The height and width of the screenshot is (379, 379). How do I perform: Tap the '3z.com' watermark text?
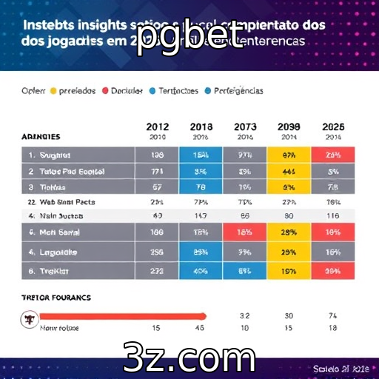(189, 358)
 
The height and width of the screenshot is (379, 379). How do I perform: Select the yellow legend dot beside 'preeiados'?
(53, 91)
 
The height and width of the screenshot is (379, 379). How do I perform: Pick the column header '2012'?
(156, 127)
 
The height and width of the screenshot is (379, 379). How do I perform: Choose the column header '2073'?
(244, 127)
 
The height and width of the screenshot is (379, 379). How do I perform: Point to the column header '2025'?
(332, 127)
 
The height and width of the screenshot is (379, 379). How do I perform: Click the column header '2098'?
(289, 127)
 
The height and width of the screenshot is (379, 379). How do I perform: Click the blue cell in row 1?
(201, 155)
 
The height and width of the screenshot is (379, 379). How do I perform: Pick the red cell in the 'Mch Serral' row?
(244, 232)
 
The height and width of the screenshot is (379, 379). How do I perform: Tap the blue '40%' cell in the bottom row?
(201, 271)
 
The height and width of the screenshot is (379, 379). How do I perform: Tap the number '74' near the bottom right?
(332, 314)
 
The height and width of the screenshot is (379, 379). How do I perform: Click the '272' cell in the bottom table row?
(156, 271)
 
